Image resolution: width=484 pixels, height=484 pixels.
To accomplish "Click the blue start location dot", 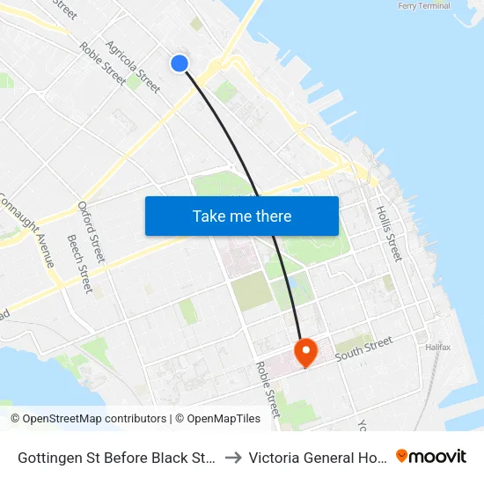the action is point(180,62).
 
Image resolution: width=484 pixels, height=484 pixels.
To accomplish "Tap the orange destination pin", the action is point(305,352).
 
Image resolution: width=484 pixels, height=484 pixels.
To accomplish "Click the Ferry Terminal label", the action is point(424,6).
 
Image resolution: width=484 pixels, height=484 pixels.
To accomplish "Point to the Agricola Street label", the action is point(132,66).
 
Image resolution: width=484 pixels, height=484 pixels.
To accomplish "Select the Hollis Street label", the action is point(388,233).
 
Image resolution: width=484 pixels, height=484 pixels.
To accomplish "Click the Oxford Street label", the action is point(91,231).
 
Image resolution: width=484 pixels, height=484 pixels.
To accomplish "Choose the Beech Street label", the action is point(79,263).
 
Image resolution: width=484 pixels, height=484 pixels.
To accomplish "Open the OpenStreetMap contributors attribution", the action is point(89,419).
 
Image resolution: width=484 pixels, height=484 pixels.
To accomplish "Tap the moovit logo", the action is point(431,456).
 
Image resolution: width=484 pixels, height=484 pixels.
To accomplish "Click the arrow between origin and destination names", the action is point(234,458).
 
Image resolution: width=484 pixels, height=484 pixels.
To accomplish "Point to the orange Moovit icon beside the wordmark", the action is point(402,456).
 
